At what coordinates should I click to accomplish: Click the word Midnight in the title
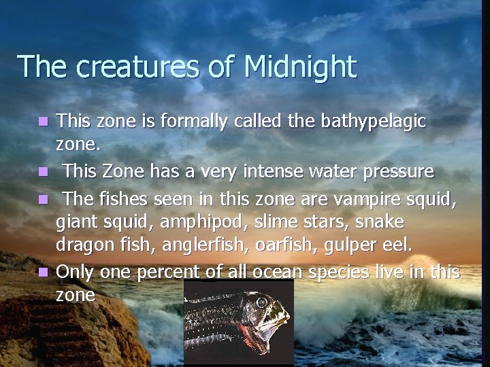click(299, 67)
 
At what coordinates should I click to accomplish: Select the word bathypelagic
click(369, 122)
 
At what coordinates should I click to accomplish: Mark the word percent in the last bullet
click(171, 272)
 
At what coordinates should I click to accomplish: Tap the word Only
click(76, 272)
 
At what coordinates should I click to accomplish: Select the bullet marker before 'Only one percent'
click(44, 273)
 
